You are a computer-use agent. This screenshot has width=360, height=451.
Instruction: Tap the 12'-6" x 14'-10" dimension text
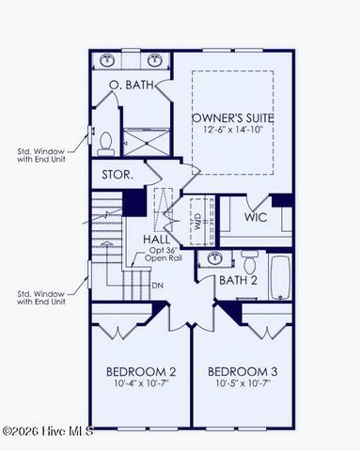click(x=231, y=132)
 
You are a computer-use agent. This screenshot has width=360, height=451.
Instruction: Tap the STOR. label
click(x=118, y=175)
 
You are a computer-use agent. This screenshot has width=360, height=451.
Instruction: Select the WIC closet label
click(x=257, y=217)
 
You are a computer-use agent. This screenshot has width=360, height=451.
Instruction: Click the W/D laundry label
click(x=197, y=224)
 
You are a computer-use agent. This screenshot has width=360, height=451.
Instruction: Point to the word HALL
click(x=156, y=241)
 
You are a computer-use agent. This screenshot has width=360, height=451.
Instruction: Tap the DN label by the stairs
click(x=158, y=286)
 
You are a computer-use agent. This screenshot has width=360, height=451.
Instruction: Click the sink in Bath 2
click(x=215, y=257)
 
